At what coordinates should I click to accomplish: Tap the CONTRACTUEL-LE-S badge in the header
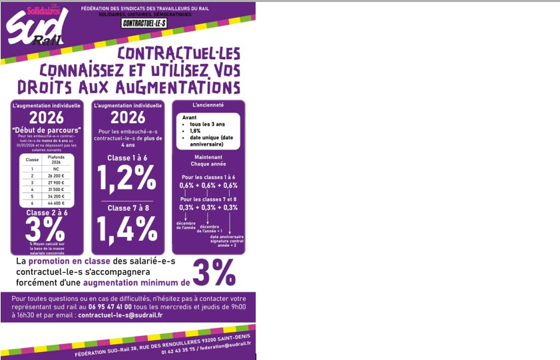coord(145,23)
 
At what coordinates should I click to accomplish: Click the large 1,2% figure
coord(127,178)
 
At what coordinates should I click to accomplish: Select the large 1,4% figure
coord(127,229)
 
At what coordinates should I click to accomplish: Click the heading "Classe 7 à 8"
coord(127,208)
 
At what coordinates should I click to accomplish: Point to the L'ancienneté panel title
coord(208,105)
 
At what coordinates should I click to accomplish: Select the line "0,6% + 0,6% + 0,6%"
coord(208,186)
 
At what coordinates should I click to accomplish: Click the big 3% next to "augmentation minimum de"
coord(214,271)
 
